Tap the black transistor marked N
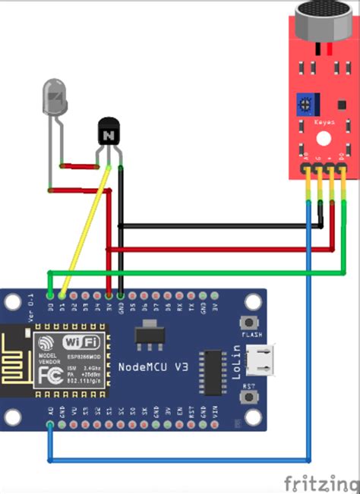[x=109, y=134]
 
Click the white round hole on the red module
[x=324, y=139]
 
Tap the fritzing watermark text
[x=320, y=482]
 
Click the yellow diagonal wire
[x=87, y=227]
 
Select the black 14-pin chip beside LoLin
[x=213, y=371]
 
